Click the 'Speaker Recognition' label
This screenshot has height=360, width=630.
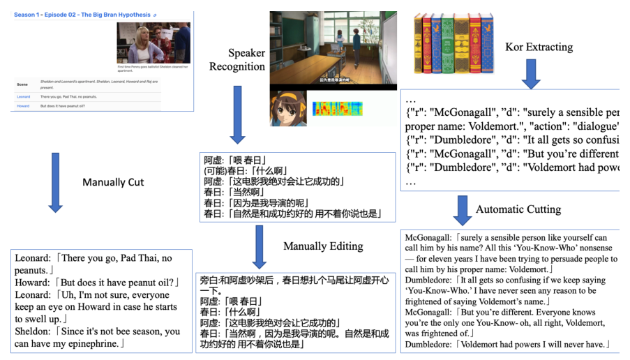click(x=237, y=59)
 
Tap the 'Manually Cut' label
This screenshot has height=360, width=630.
click(x=113, y=182)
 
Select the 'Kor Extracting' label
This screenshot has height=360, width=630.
click(x=539, y=47)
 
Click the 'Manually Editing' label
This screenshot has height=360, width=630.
click(x=323, y=246)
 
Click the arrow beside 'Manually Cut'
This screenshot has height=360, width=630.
click(x=55, y=183)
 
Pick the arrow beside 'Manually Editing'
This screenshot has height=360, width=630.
click(x=259, y=246)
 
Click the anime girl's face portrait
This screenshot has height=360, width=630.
click(x=289, y=109)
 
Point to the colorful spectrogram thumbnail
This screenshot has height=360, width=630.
click(x=338, y=109)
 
